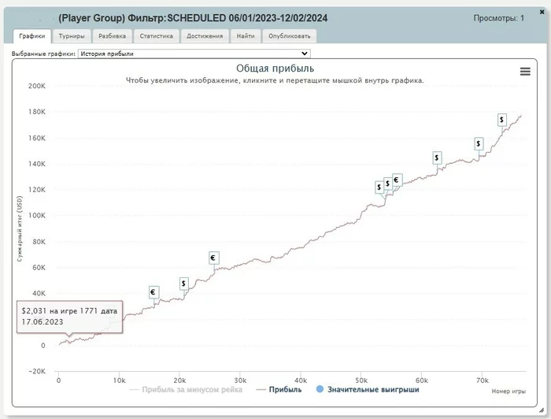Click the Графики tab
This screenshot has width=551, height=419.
(31, 36)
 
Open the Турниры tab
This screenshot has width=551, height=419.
(72, 36)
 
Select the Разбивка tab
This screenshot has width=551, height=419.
(112, 36)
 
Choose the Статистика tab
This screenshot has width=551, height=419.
(156, 36)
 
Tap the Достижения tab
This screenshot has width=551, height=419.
(205, 36)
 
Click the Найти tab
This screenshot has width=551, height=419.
(245, 36)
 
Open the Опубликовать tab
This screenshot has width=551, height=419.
(289, 36)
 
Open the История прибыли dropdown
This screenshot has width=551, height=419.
(194, 54)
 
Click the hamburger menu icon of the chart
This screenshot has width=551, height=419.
(525, 72)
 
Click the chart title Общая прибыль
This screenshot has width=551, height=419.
(275, 69)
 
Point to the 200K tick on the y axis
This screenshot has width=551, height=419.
(37, 86)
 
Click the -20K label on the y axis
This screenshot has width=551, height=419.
(37, 371)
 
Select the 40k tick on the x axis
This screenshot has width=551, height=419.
(301, 380)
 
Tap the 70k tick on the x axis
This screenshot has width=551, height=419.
(482, 380)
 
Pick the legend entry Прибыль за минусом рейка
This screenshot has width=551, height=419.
(185, 389)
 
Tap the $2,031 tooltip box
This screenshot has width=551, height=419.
(69, 317)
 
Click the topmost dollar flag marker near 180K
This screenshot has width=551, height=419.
(502, 120)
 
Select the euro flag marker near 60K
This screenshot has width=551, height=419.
(213, 258)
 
